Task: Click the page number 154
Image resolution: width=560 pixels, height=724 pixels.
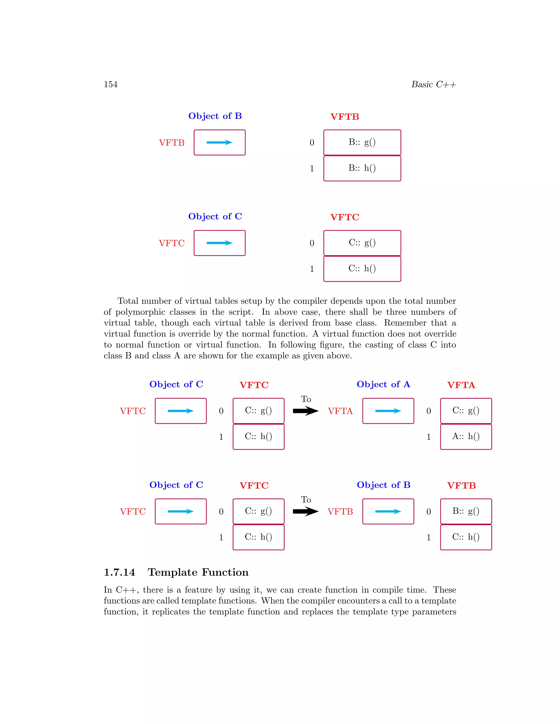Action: click(x=110, y=84)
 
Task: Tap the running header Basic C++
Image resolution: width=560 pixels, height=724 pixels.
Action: click(x=434, y=84)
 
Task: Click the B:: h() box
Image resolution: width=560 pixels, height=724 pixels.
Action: click(x=362, y=168)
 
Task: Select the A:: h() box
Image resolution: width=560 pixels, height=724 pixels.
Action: click(x=466, y=437)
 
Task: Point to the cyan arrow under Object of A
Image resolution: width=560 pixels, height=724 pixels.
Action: click(x=388, y=411)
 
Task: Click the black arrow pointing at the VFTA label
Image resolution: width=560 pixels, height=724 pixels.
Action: click(x=305, y=411)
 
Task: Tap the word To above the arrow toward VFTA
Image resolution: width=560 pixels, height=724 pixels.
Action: click(x=306, y=399)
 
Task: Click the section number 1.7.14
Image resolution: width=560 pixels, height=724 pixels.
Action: click(x=119, y=572)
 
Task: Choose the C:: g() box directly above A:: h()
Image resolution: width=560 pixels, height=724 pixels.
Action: click(x=466, y=411)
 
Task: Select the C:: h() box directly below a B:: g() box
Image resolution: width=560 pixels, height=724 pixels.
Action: click(x=466, y=537)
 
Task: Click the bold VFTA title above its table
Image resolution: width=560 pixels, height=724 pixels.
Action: click(x=461, y=385)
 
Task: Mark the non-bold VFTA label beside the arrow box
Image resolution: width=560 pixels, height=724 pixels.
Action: click(x=340, y=411)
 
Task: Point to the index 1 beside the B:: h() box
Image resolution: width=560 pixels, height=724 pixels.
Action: click(x=312, y=169)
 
